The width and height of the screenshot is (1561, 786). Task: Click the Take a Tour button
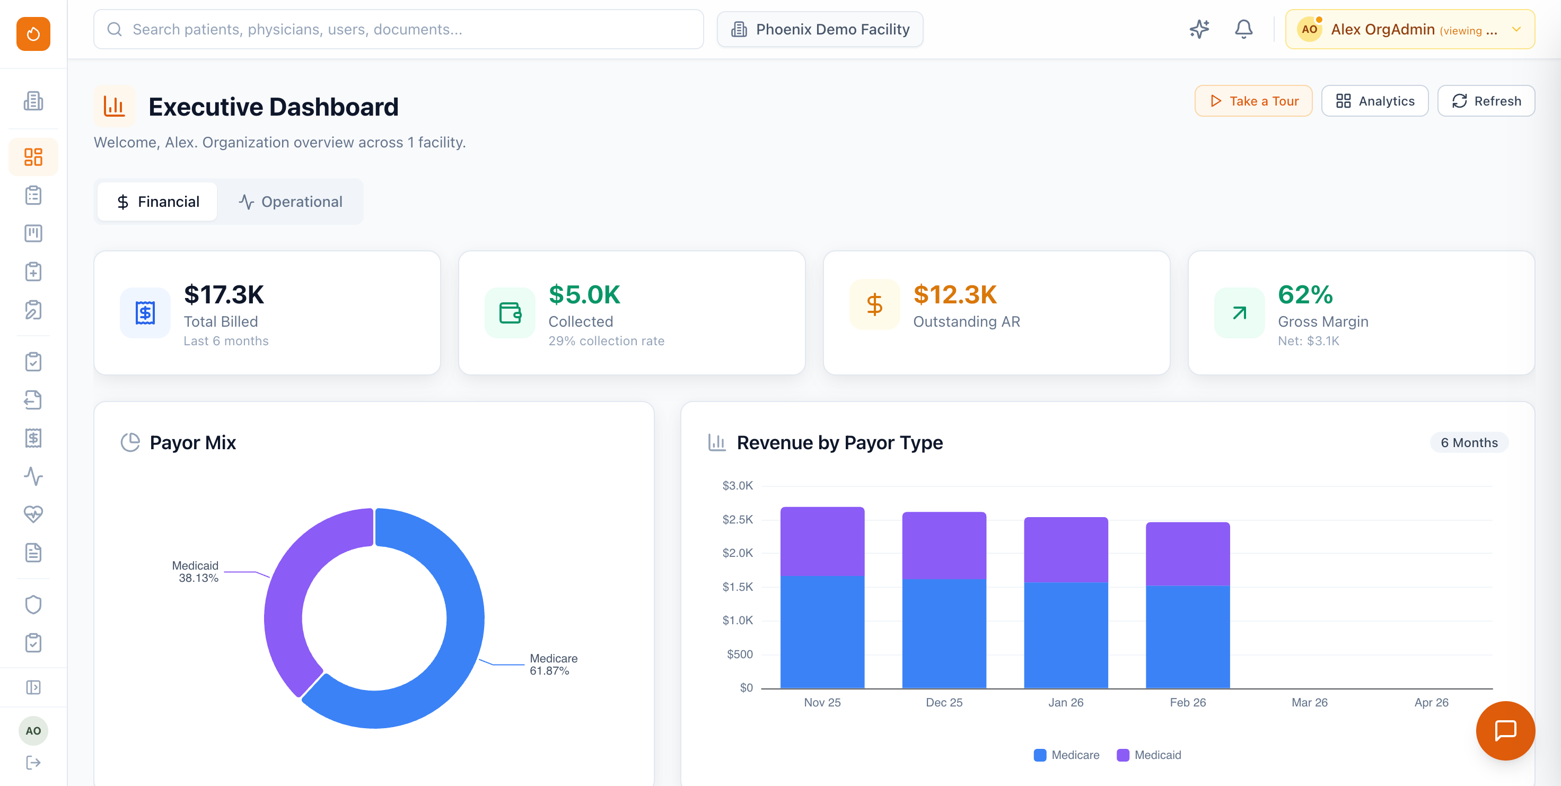point(1252,101)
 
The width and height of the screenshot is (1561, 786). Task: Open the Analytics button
point(1374,101)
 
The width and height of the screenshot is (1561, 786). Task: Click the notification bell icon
point(1243,29)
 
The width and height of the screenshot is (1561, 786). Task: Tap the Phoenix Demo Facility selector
point(819,29)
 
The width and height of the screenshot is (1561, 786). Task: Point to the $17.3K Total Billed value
point(224,295)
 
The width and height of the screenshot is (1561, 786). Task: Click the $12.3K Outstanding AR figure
point(954,295)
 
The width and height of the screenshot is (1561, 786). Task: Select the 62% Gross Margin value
point(1305,295)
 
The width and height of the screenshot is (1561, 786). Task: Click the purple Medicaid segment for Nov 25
point(822,540)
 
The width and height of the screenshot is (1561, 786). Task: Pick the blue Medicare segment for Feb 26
point(1187,636)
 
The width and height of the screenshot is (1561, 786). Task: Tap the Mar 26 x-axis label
point(1309,702)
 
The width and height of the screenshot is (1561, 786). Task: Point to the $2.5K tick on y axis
point(737,519)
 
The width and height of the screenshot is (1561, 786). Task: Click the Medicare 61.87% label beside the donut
point(553,664)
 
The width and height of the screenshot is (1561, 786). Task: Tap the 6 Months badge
point(1468,443)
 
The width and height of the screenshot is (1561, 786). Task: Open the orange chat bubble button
point(1505,731)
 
